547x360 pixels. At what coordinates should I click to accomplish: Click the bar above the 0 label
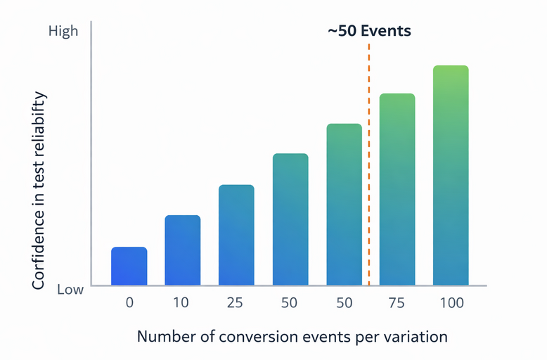coord(129,266)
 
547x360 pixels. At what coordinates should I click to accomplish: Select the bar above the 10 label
coord(183,250)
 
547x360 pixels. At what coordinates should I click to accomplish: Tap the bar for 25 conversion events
coord(236,235)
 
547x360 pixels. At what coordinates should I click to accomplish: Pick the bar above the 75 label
coord(397,189)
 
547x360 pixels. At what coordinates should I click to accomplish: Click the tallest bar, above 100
coord(451,175)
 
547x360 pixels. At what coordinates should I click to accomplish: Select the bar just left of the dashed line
coord(344,205)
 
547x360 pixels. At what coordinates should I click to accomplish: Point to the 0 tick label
coord(129,303)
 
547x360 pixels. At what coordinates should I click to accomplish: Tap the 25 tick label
coord(236,303)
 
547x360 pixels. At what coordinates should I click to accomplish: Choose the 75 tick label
coord(397,303)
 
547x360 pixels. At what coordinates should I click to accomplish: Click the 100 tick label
coord(451,303)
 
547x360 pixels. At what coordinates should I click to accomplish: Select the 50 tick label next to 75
coord(344,303)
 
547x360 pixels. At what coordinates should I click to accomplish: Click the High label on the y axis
coord(63,32)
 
